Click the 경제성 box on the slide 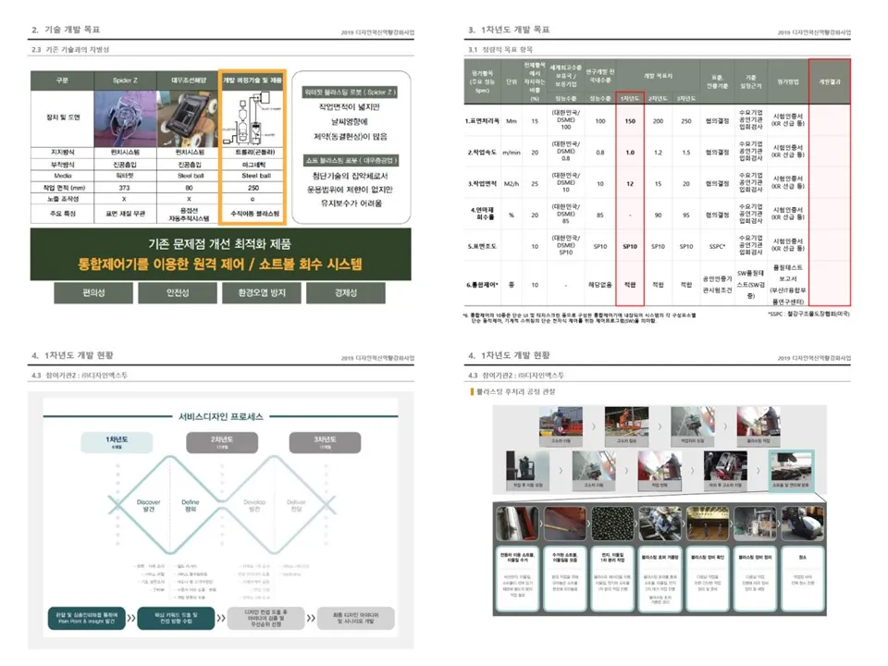tap(339, 294)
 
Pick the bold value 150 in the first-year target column tap(629, 121)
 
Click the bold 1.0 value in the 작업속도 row tap(629, 153)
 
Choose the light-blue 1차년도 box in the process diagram tap(117, 441)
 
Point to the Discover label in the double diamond tap(149, 506)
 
